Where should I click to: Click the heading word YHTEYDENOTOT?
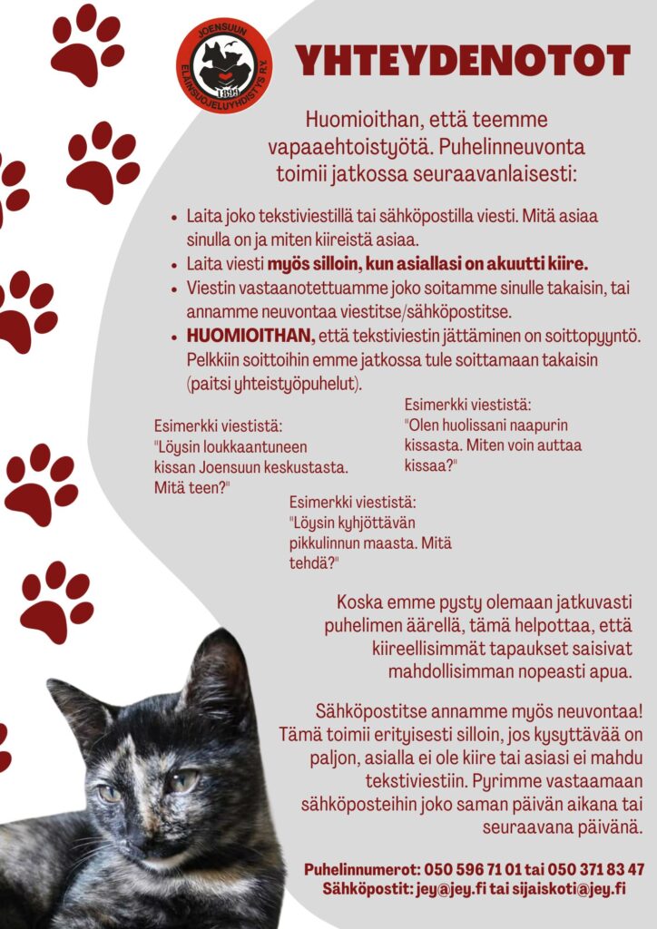pos(463,61)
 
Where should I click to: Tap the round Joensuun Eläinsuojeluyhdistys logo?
pos(223,65)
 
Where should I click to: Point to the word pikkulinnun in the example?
pos(328,543)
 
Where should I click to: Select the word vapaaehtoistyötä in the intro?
pos(337,145)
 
